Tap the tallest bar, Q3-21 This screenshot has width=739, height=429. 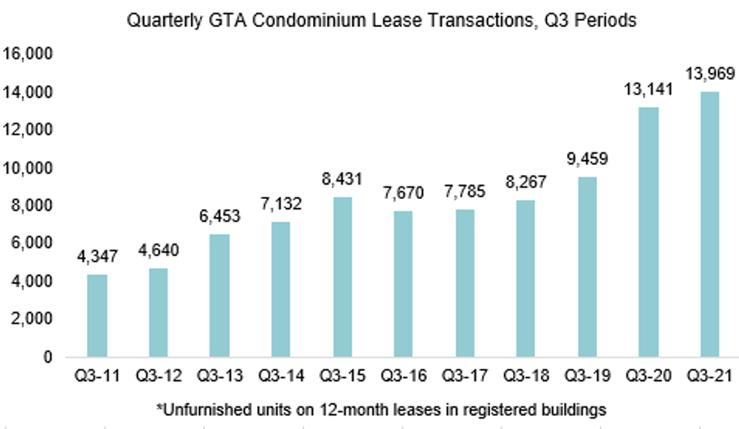710,224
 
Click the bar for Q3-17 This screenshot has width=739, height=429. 465,283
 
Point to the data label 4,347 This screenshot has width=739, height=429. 97,257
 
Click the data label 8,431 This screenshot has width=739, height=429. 342,179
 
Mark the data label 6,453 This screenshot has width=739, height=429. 219,217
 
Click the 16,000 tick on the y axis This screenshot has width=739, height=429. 27,54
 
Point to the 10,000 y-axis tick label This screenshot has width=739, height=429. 27,167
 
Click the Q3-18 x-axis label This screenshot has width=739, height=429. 526,375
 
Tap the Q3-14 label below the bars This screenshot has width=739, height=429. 281,375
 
